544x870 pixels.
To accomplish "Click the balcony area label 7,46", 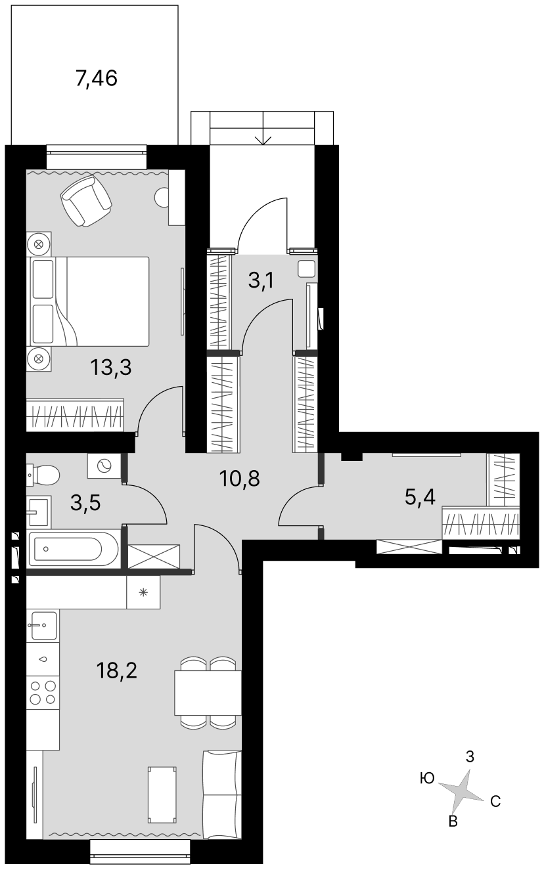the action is [x=97, y=78].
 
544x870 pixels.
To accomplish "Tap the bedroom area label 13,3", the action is [x=111, y=367].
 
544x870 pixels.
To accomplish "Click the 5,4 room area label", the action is [x=420, y=498].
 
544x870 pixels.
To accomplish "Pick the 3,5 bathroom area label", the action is [x=85, y=502].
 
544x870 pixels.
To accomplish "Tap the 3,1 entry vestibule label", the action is [x=261, y=280].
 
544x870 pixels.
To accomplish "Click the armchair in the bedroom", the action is [x=86, y=200].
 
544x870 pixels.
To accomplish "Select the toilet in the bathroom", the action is [x=43, y=474].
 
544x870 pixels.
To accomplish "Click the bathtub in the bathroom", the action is [x=74, y=549].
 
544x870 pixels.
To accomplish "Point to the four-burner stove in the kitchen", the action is [x=43, y=693].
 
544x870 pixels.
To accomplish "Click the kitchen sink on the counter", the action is [x=43, y=625].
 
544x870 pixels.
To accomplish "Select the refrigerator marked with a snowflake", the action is [x=143, y=592].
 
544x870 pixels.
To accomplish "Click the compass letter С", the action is [x=495, y=801].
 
